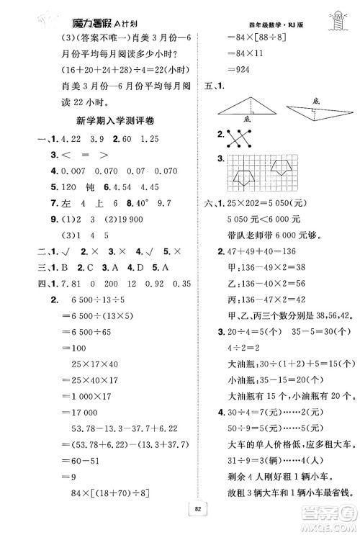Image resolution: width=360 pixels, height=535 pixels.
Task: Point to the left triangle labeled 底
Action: pyautogui.click(x=244, y=109)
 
